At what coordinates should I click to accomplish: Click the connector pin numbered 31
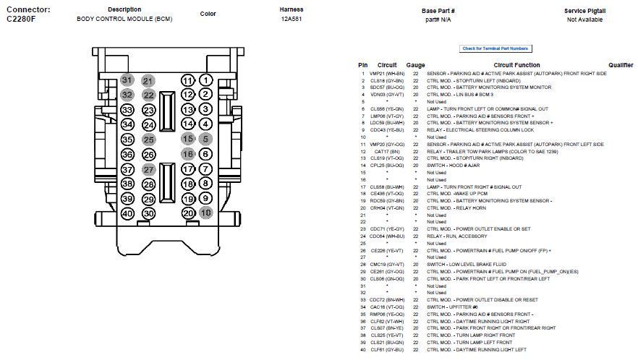pyautogui.click(x=127, y=80)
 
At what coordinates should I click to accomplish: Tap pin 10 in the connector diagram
pyautogui.click(x=205, y=213)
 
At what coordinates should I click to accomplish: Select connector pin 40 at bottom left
pyautogui.click(x=127, y=213)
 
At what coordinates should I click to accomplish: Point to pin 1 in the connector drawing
pyautogui.click(x=205, y=80)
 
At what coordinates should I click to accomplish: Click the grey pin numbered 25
pyautogui.click(x=148, y=140)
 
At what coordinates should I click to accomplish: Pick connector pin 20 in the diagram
pyautogui.click(x=188, y=213)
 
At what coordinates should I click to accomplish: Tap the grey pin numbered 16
pyautogui.click(x=188, y=154)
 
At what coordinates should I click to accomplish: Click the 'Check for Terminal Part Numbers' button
pyautogui.click(x=495, y=48)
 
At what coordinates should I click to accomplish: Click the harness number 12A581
pyautogui.click(x=292, y=20)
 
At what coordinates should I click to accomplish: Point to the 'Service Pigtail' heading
pyautogui.click(x=584, y=11)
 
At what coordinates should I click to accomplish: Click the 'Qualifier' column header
pyautogui.click(x=621, y=65)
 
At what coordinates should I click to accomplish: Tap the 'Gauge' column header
pyautogui.click(x=415, y=65)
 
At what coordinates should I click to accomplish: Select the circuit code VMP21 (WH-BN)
pyautogui.click(x=387, y=74)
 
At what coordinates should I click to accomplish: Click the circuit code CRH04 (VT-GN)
pyautogui.click(x=387, y=208)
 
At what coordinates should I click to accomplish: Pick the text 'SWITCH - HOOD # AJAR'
pyautogui.click(x=454, y=166)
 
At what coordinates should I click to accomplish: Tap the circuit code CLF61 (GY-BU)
pyautogui.click(x=387, y=350)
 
